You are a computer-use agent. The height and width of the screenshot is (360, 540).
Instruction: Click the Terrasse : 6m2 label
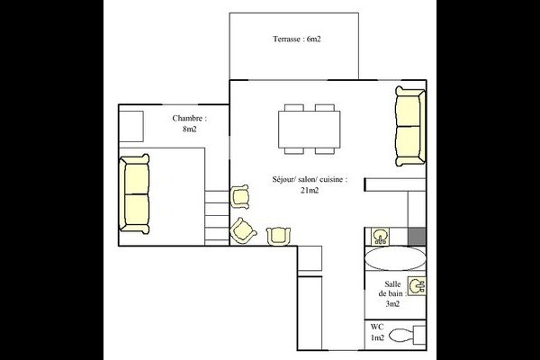296,39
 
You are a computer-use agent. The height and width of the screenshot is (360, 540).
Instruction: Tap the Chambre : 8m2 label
189,123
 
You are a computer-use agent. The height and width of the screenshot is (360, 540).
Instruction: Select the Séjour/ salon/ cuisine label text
310,179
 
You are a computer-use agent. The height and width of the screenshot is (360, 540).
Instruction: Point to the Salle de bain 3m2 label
392,294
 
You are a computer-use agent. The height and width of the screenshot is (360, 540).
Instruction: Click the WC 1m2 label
377,332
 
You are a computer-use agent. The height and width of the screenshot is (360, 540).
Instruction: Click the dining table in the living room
309,130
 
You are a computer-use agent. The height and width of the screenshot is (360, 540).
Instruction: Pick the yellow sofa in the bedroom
134,194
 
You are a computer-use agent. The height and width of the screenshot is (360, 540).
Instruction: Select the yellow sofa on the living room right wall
410,126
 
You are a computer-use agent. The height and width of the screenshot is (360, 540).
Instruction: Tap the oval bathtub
395,258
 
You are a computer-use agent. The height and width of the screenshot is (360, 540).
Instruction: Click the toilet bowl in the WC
401,335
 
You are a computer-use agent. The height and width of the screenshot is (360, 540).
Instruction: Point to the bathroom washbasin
417,286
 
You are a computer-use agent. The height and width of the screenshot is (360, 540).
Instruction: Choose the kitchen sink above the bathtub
380,237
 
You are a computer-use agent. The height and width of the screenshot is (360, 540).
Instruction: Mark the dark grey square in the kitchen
417,237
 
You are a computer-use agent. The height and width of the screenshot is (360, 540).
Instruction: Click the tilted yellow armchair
243,230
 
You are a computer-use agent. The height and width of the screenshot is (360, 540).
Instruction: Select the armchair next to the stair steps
239,196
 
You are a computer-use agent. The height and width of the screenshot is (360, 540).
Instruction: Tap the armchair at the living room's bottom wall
278,237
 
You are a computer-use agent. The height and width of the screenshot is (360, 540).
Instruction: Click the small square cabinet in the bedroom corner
131,126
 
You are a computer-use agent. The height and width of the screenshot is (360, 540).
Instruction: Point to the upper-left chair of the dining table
294,107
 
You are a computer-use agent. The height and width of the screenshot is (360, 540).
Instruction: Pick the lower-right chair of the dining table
324,151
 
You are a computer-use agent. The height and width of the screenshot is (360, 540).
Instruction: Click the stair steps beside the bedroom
217,218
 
